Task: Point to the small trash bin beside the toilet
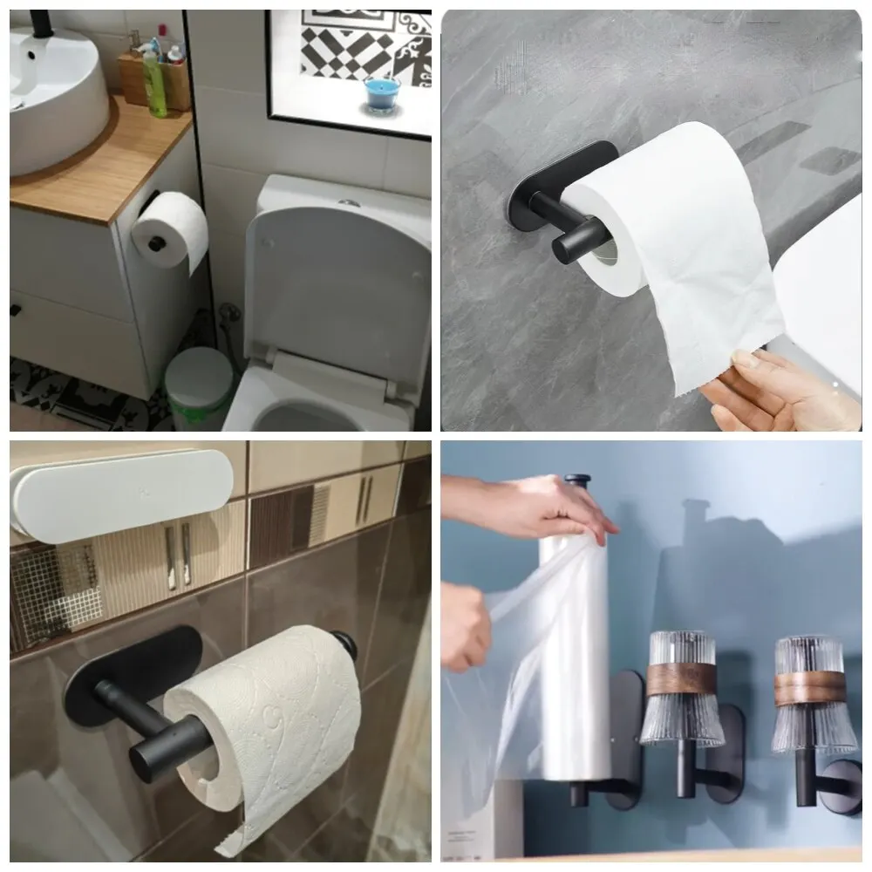point(199,388)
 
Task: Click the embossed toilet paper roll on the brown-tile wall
point(270,724)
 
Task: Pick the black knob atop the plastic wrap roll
point(576,480)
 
